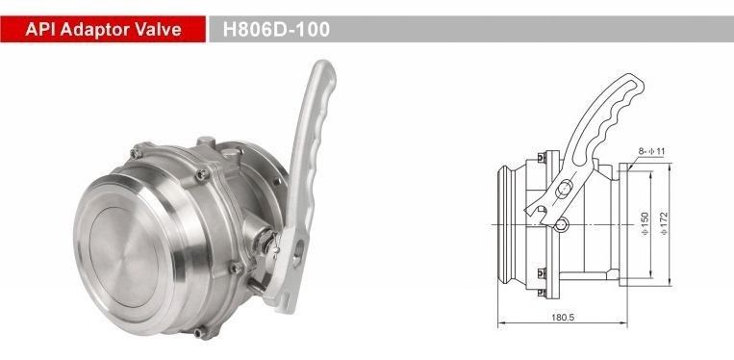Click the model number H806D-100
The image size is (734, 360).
tap(276, 30)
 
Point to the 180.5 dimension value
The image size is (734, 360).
tap(563, 317)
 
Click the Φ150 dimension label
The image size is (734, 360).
tap(645, 223)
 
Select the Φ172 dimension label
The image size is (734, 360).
tap(664, 223)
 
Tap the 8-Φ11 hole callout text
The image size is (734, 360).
tap(651, 151)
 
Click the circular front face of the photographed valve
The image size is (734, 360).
tap(124, 257)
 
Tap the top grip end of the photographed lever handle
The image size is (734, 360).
tap(324, 70)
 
